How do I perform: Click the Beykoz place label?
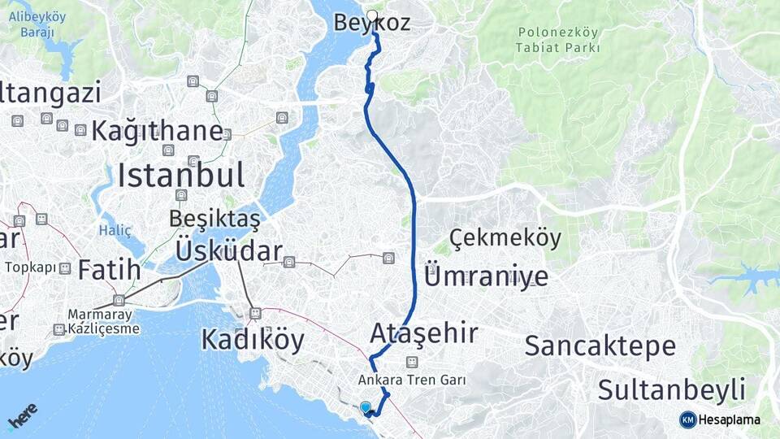click(x=372, y=24)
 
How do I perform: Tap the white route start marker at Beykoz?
click(x=372, y=15)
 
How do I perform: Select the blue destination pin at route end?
click(x=366, y=407)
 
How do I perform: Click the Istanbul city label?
click(x=180, y=174)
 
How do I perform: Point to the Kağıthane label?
click(x=157, y=130)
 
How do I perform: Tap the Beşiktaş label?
click(x=214, y=219)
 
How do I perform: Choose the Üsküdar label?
click(x=228, y=251)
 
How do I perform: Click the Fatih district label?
click(x=110, y=269)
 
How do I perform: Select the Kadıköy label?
click(x=253, y=339)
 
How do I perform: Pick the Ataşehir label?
click(x=424, y=333)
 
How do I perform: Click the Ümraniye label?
click(x=486, y=276)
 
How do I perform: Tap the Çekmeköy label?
click(x=505, y=238)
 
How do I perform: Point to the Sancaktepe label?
click(x=600, y=346)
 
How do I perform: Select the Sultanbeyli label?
click(x=672, y=389)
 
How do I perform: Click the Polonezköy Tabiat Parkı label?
click(x=557, y=40)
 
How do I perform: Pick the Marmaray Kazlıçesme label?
click(x=103, y=321)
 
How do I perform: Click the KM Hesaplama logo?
click(x=720, y=419)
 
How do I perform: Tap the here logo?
click(x=22, y=416)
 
